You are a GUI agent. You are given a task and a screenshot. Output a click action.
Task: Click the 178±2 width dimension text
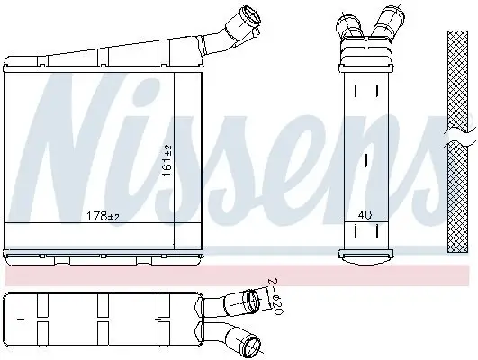102,216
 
